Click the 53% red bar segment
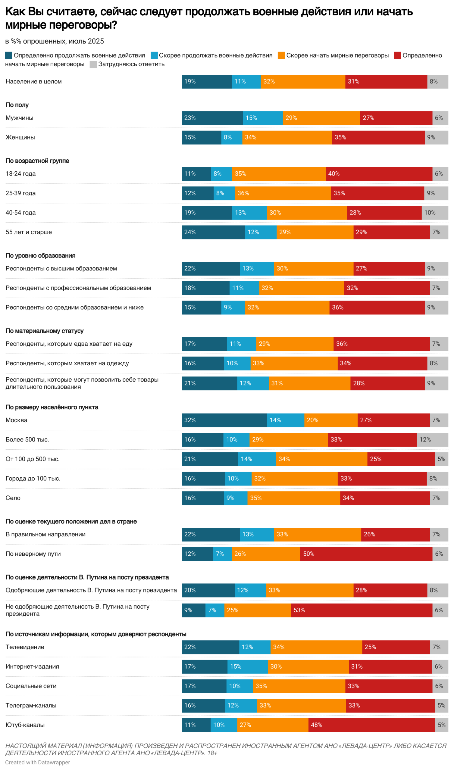pyautogui.click(x=361, y=610)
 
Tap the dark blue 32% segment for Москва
pyautogui.click(x=224, y=420)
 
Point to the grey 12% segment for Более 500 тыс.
pyautogui.click(x=432, y=440)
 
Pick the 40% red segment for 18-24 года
pyautogui.click(x=379, y=174)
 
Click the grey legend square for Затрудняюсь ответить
pyautogui.click(x=93, y=64)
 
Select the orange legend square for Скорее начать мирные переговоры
pyautogui.click(x=281, y=55)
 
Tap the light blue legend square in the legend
pyautogui.click(x=154, y=55)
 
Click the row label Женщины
pyautogui.click(x=20, y=137)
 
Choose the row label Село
pyautogui.click(x=13, y=498)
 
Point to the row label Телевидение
pyautogui.click(x=25, y=647)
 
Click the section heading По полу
pyautogui.click(x=17, y=105)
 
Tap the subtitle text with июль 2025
pyautogui.click(x=55, y=41)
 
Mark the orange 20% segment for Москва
pyautogui.click(x=330, y=420)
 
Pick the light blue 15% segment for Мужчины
pyautogui.click(x=263, y=118)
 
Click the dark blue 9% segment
pyautogui.click(x=193, y=610)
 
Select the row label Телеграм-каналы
pyautogui.click(x=31, y=706)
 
